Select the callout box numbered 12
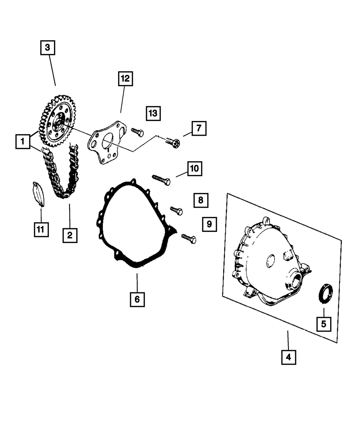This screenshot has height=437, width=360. pyautogui.click(x=125, y=79)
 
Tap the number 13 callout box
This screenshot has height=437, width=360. pyautogui.click(x=153, y=113)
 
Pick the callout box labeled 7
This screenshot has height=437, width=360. pyautogui.click(x=199, y=128)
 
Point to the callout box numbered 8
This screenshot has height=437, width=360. pyautogui.click(x=201, y=200)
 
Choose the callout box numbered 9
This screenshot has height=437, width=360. pyautogui.click(x=210, y=224)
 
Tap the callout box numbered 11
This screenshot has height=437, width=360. pyautogui.click(x=41, y=229)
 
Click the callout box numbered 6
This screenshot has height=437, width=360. pyautogui.click(x=137, y=299)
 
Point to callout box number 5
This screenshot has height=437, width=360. pyautogui.click(x=324, y=324)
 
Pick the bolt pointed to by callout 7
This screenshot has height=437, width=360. pyautogui.click(x=172, y=141)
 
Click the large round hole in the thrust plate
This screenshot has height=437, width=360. pyautogui.click(x=107, y=140)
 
